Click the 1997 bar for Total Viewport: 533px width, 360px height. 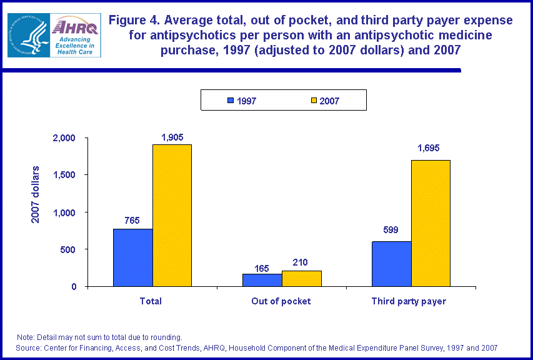[133, 257]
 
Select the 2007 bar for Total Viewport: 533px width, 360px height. [172, 215]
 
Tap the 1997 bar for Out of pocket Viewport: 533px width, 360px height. [262, 280]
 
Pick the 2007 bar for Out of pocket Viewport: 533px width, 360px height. [301, 278]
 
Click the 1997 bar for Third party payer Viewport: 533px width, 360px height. [391, 264]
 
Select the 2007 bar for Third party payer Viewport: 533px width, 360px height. [431, 223]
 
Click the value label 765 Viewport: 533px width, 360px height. [132, 221]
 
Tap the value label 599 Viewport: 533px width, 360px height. [391, 229]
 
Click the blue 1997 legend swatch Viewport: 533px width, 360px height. [230, 100]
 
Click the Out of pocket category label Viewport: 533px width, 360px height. [281, 301]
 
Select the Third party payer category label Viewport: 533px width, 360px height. [409, 301]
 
